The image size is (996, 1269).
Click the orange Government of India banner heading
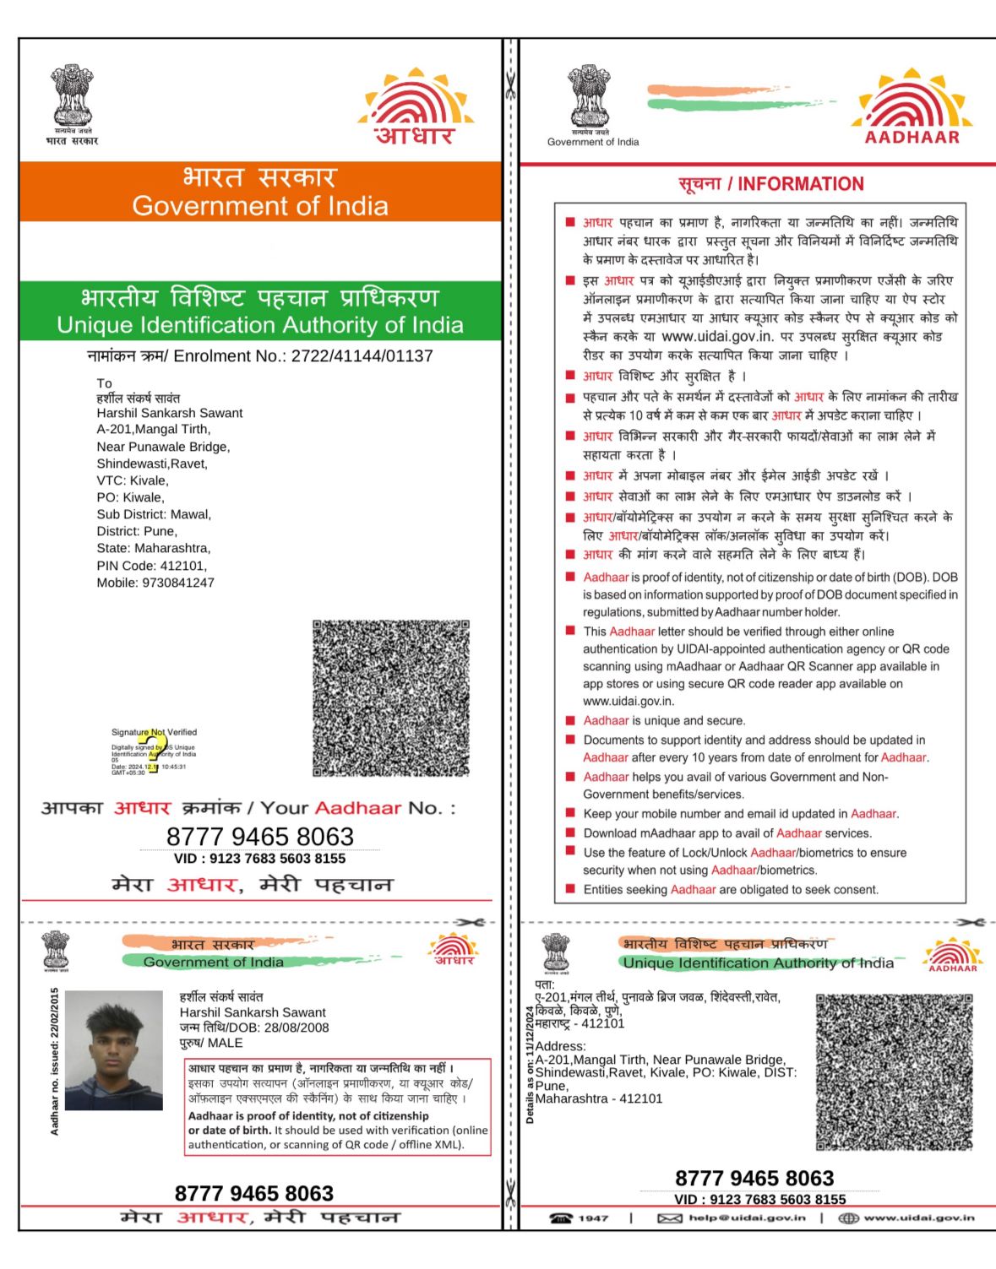pyautogui.click(x=260, y=193)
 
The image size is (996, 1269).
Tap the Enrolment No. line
pyautogui.click(x=260, y=356)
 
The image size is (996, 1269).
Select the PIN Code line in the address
pyautogui.click(x=151, y=566)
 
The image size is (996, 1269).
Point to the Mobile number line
pyautogui.click(x=155, y=583)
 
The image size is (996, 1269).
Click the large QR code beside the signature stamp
pyautogui.click(x=390, y=698)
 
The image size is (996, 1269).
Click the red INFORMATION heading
pyautogui.click(x=770, y=184)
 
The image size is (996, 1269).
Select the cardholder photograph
pyautogui.click(x=113, y=1049)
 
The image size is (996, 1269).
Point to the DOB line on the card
pyautogui.click(x=254, y=1028)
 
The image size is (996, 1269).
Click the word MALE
pyautogui.click(x=226, y=1043)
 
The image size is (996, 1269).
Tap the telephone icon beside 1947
pyautogui.click(x=561, y=1217)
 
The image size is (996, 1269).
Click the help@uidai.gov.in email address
pyautogui.click(x=747, y=1217)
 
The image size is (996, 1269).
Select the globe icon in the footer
pyautogui.click(x=848, y=1217)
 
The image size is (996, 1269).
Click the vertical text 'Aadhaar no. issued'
pyautogui.click(x=55, y=1061)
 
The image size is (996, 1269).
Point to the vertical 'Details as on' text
pyautogui.click(x=530, y=1064)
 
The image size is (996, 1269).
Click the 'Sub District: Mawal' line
pyautogui.click(x=154, y=514)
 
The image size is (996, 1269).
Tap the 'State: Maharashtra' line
pyautogui.click(x=154, y=548)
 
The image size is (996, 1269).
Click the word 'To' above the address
pyautogui.click(x=104, y=383)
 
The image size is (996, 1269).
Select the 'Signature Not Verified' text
pyautogui.click(x=154, y=732)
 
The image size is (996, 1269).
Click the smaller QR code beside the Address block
pyautogui.click(x=894, y=1071)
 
